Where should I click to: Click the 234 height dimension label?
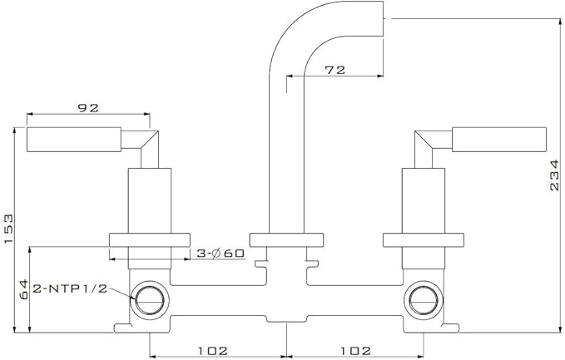[554, 175]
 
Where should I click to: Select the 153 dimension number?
[8, 229]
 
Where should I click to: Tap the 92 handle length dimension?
[88, 107]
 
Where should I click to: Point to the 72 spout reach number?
[335, 70]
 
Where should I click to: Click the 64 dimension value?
[23, 289]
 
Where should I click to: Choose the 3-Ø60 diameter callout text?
[221, 254]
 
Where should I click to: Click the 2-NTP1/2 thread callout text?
[70, 288]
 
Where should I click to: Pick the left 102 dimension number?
[212, 350]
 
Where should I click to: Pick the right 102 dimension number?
[355, 350]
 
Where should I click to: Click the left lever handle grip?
[74, 140]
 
